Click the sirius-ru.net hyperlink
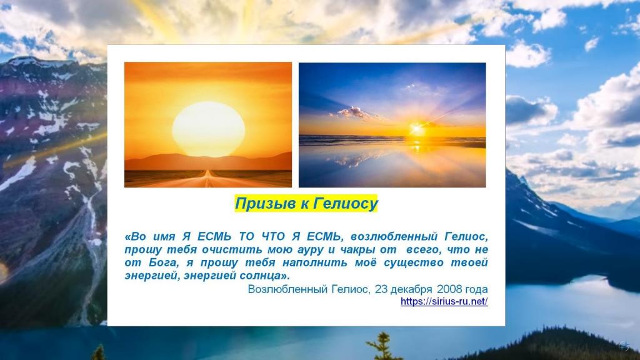pos(444,301)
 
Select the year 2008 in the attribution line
pos(449,289)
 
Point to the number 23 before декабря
pos(381,289)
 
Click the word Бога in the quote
pos(164,262)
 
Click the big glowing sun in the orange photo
pos(209,129)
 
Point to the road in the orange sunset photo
pos(209,179)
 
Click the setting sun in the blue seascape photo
pos(417,129)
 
